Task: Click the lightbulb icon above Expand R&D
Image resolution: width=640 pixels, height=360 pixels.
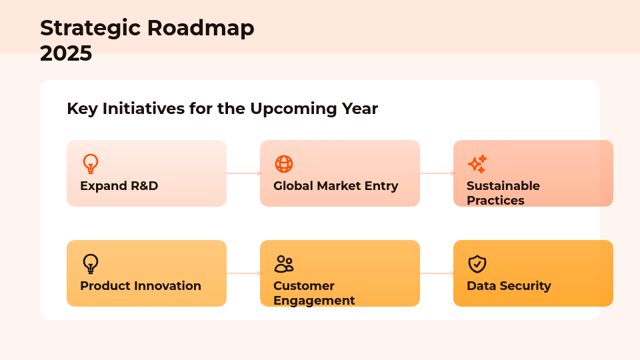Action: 90,164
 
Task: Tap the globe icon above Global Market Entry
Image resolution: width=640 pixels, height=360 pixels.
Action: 284,164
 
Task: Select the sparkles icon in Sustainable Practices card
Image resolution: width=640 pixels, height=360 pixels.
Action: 477,164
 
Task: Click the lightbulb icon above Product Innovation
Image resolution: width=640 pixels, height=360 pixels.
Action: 90,264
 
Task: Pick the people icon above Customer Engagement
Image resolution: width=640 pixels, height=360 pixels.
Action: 284,264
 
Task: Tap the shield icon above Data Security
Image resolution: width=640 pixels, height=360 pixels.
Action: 477,264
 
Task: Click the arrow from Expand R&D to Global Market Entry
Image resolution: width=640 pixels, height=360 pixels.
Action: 243,173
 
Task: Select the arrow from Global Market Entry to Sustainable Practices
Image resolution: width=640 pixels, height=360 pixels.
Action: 437,173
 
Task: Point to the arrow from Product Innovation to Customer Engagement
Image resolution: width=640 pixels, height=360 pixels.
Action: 243,273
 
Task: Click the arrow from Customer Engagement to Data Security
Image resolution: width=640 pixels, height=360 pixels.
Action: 437,273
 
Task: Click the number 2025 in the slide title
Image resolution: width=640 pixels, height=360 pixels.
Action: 66,53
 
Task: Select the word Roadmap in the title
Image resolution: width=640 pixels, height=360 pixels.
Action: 201,28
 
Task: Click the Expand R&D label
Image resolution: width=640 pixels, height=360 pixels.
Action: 119,186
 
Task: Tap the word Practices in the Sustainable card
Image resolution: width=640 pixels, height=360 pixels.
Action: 495,201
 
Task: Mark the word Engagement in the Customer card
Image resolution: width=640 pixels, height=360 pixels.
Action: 314,301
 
